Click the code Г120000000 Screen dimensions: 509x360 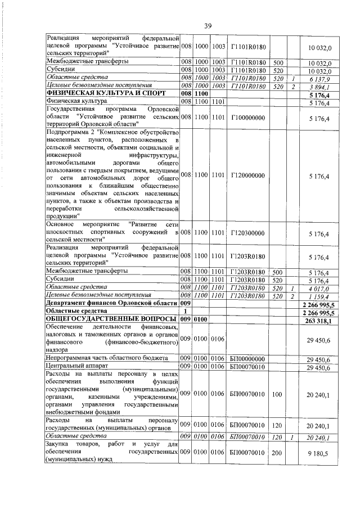pyautogui.click(x=247, y=176)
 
